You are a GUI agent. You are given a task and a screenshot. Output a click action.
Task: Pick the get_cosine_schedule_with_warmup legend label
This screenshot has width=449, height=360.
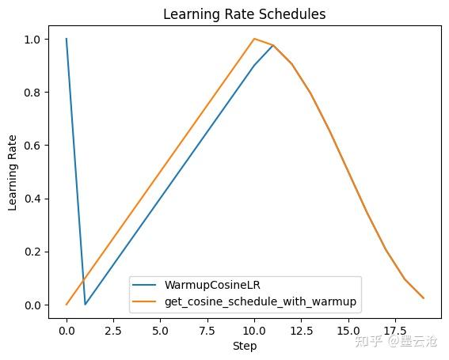pos(261,301)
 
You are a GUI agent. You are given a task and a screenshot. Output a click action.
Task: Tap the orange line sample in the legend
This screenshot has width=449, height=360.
pos(146,301)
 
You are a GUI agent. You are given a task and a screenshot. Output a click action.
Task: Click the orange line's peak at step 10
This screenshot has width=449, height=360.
pos(254,39)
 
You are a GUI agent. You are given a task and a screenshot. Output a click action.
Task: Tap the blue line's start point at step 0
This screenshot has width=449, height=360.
pos(67,39)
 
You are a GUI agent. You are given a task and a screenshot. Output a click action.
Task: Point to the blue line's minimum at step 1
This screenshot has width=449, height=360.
pos(86,305)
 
